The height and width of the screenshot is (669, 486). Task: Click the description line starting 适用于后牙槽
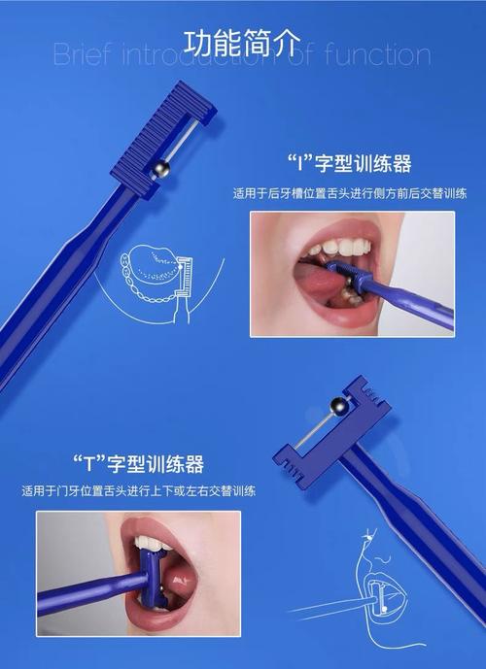coord(349,193)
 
